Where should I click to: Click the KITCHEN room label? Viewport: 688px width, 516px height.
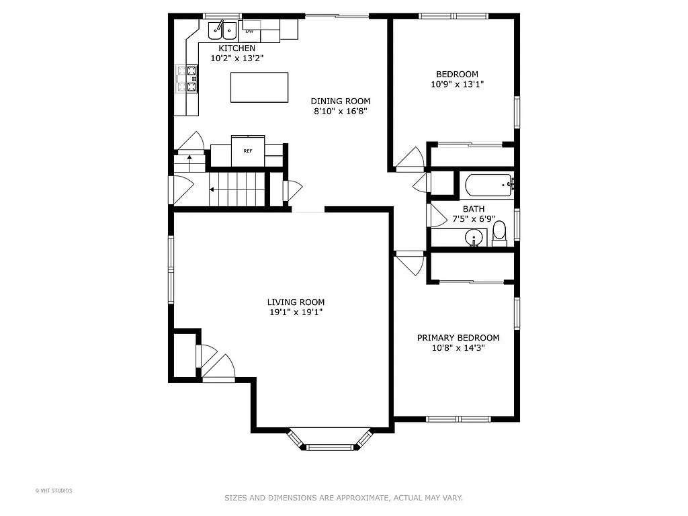pyautogui.click(x=236, y=48)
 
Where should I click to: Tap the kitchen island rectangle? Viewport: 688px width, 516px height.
pyautogui.click(x=259, y=87)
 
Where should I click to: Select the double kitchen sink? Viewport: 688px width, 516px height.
pyautogui.click(x=222, y=30)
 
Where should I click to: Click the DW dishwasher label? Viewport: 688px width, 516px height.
pyautogui.click(x=249, y=31)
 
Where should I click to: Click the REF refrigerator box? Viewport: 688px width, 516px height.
pyautogui.click(x=248, y=151)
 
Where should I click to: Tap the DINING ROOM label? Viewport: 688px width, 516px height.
pyautogui.click(x=340, y=101)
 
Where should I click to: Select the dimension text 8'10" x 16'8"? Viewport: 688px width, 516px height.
pyautogui.click(x=340, y=112)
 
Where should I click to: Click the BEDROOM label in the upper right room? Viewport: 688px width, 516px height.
pyautogui.click(x=457, y=75)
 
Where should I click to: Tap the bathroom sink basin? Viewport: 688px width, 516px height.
pyautogui.click(x=474, y=237)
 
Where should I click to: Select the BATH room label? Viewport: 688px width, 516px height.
pyautogui.click(x=473, y=209)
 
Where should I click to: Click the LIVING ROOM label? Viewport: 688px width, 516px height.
pyautogui.click(x=296, y=302)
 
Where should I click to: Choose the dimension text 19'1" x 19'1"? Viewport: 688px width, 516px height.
pyautogui.click(x=296, y=312)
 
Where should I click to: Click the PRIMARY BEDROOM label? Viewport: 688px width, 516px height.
pyautogui.click(x=458, y=338)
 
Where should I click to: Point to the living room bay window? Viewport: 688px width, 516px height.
pyautogui.click(x=330, y=441)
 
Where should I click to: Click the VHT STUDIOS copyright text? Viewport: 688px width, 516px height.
pyautogui.click(x=54, y=490)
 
